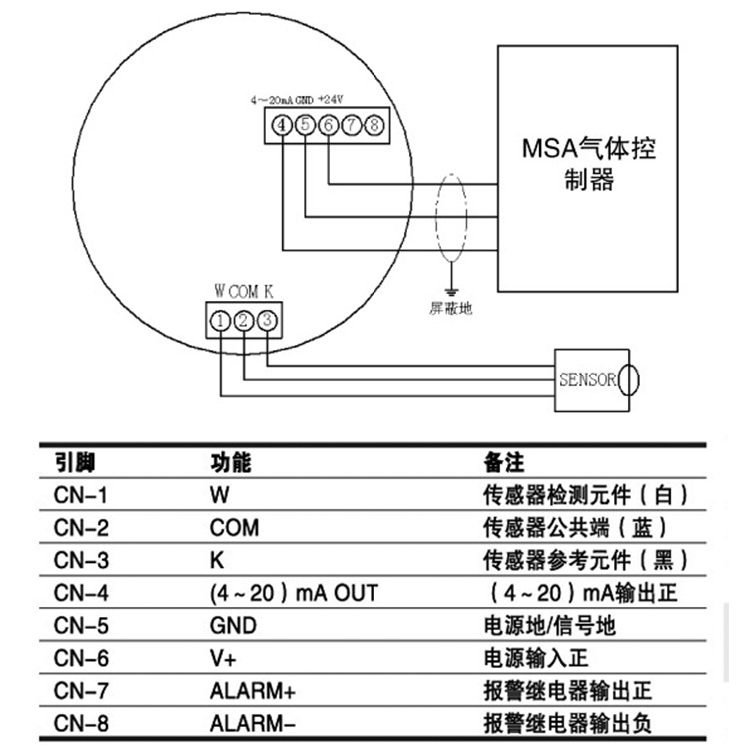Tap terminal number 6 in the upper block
pyautogui.click(x=328, y=125)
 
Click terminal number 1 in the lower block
pyautogui.click(x=220, y=321)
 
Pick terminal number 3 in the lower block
pyautogui.click(x=266, y=321)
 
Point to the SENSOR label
pyautogui.click(x=587, y=379)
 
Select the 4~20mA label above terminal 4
pyautogui.click(x=271, y=100)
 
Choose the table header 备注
pyautogui.click(x=503, y=463)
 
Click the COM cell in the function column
pyautogui.click(x=234, y=528)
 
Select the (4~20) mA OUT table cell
pyautogui.click(x=294, y=593)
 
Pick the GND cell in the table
pyautogui.click(x=232, y=626)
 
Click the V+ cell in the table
pyautogui.click(x=221, y=658)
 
